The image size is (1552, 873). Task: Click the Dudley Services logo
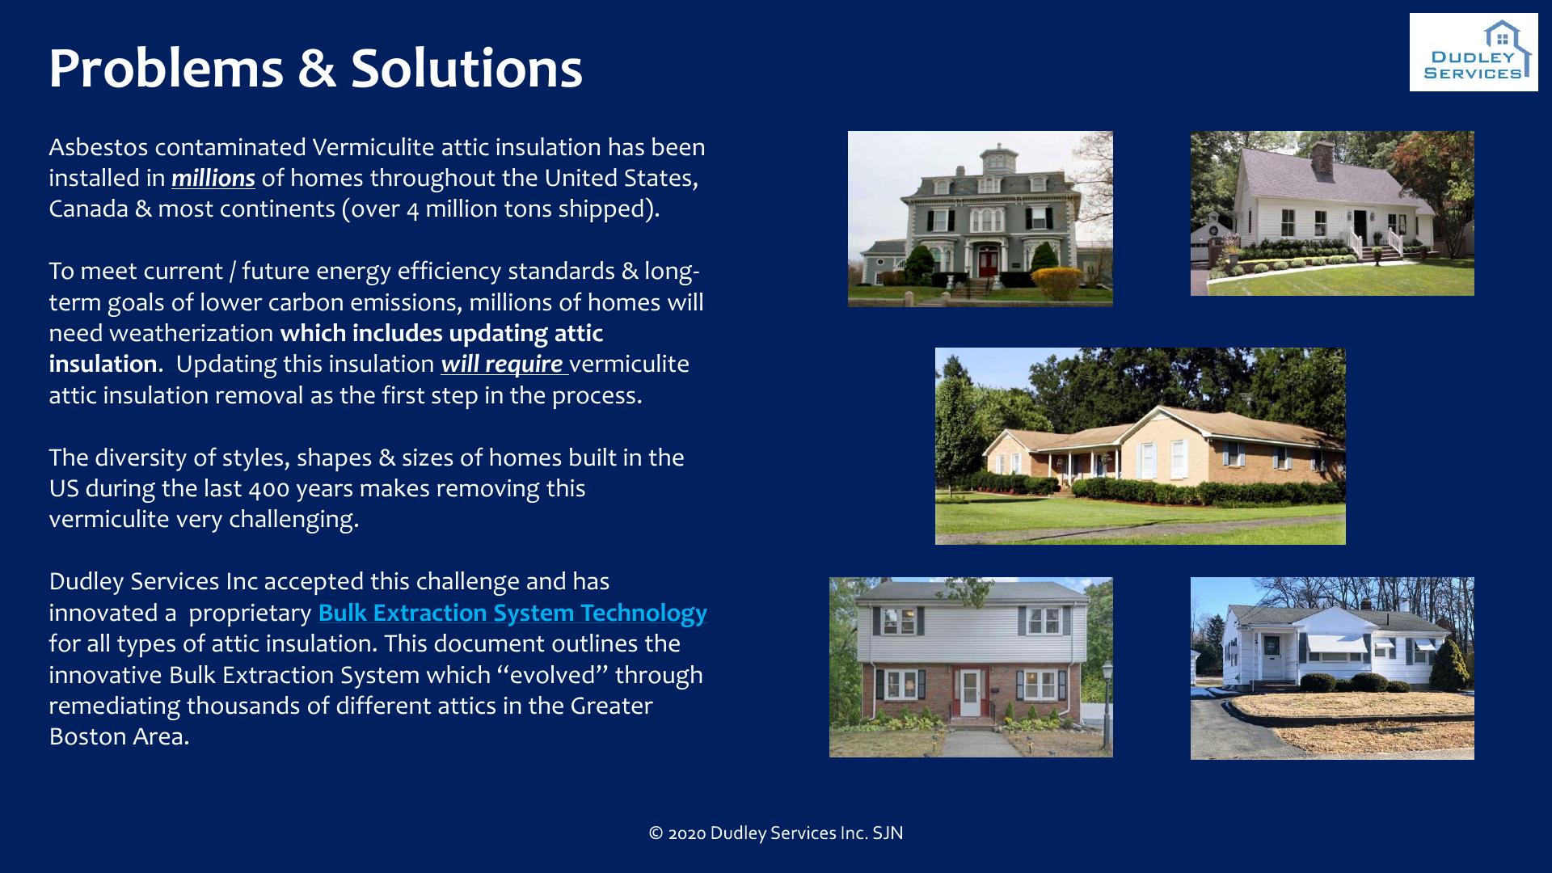tap(1474, 52)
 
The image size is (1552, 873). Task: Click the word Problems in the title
tap(166, 68)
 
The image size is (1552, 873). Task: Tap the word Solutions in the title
tap(466, 68)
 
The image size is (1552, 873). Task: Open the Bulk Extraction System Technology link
tap(512, 613)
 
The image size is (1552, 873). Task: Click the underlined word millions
tap(213, 178)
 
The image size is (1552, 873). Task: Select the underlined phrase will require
tap(502, 364)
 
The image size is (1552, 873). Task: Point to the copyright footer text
tap(776, 833)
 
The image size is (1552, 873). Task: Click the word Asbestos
tap(98, 147)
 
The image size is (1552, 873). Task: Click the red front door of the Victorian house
tap(988, 263)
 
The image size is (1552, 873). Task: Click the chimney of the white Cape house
tap(1322, 159)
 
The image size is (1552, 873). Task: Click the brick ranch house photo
tap(1141, 446)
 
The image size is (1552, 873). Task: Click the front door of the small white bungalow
tap(1272, 656)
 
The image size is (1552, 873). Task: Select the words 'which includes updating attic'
tap(441, 333)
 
